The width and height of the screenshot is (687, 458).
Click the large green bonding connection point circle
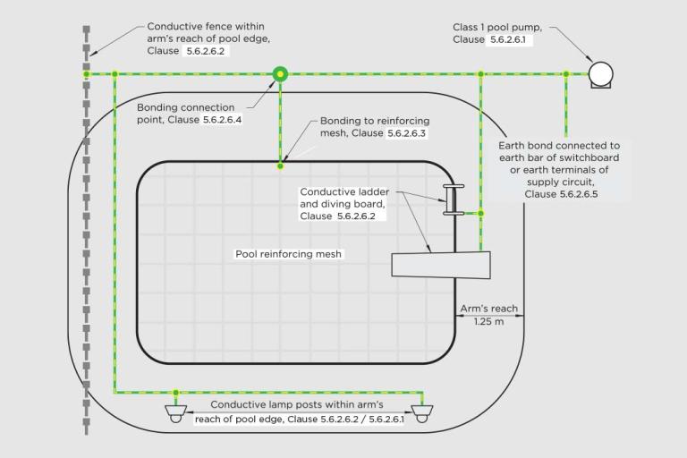pos(280,73)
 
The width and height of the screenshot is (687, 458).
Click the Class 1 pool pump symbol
pos(599,74)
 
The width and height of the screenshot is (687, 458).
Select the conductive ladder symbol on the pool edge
pos(453,200)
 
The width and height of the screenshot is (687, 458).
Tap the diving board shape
pos(441,265)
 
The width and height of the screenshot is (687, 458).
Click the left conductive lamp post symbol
pos(175,412)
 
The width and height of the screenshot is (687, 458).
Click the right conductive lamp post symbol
pos(420,412)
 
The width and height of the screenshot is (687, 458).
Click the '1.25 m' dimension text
pos(489,322)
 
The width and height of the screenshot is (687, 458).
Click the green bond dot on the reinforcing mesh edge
pos(280,165)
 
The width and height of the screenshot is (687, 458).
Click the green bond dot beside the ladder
pos(480,214)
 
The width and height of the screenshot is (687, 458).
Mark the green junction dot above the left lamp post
pos(175,392)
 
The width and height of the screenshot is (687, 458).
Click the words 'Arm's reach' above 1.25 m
pos(488,309)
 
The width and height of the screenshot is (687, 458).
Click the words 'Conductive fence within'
pos(205,27)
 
